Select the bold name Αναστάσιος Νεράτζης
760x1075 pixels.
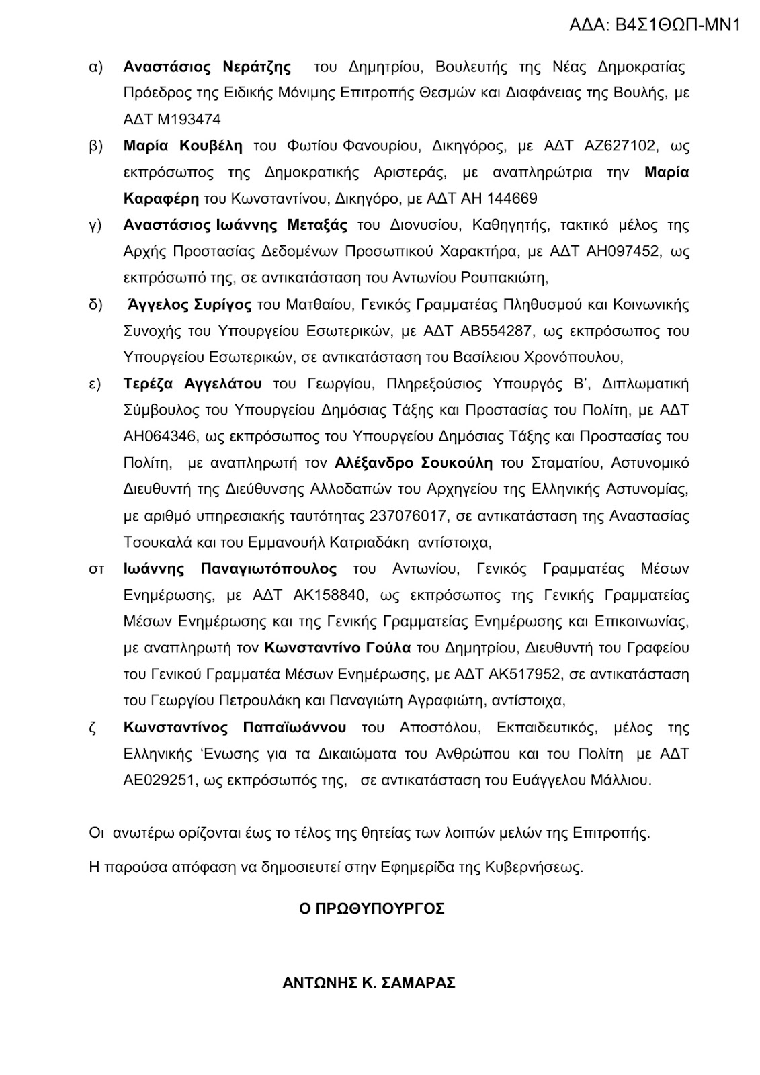coord(207,67)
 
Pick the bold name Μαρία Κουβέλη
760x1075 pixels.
coord(183,146)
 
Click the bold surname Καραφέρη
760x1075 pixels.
coord(161,199)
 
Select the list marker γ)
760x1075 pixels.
coord(95,226)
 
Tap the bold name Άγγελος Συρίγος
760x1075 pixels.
coord(189,305)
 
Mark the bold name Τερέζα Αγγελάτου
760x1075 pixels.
coord(192,384)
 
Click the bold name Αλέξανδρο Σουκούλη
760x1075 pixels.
coord(413,464)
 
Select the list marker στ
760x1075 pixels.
coord(96,569)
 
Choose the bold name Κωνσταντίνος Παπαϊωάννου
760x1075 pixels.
coord(235,728)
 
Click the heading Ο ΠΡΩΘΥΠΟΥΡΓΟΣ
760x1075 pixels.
coord(372,909)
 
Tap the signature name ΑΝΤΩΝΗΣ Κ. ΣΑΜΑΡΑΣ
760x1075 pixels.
coord(369,983)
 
